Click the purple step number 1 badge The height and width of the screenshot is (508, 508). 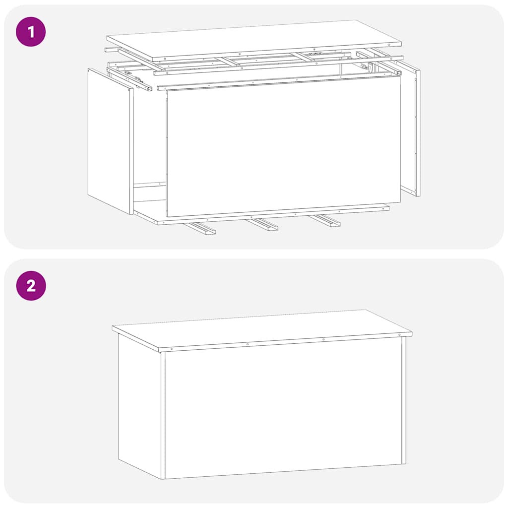coord(31,32)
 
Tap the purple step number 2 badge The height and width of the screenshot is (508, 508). coord(31,286)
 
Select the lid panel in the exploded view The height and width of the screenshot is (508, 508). coord(253,40)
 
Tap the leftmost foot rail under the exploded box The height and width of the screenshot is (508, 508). coord(199,229)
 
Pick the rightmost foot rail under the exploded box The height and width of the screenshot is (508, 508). coord(325,221)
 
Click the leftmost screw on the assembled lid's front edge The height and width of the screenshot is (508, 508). coord(172,349)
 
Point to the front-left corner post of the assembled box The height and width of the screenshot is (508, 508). coord(163,414)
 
